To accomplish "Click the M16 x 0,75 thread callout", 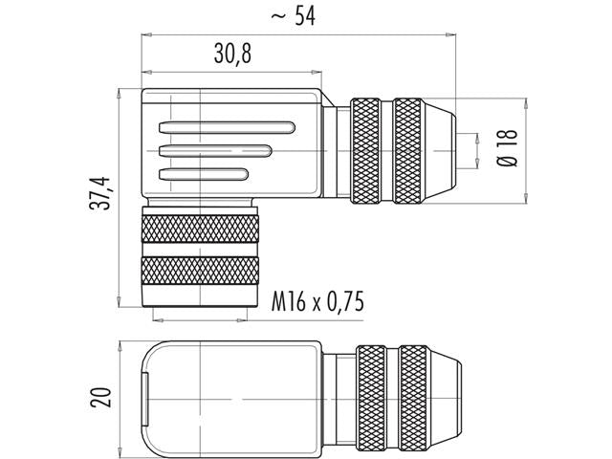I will [315, 302].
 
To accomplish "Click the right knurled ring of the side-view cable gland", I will [412, 149].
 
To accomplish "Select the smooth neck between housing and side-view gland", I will [336, 149].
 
